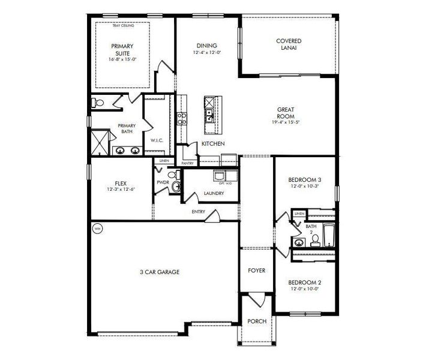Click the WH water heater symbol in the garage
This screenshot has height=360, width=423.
pos(97,228)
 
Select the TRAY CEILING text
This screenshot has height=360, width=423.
pos(122,26)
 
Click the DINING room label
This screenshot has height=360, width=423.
pos(207,45)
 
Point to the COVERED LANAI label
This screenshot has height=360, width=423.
pos(289,44)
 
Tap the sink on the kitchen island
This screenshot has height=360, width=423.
pos(210,112)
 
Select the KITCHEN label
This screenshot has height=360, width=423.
pos(213,144)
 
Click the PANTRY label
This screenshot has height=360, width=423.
pos(187,163)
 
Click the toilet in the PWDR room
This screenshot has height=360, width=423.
pos(175,188)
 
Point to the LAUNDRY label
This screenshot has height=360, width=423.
pos(214,193)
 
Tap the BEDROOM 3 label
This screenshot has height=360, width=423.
pos(305,179)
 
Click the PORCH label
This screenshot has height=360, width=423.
pos(257,321)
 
